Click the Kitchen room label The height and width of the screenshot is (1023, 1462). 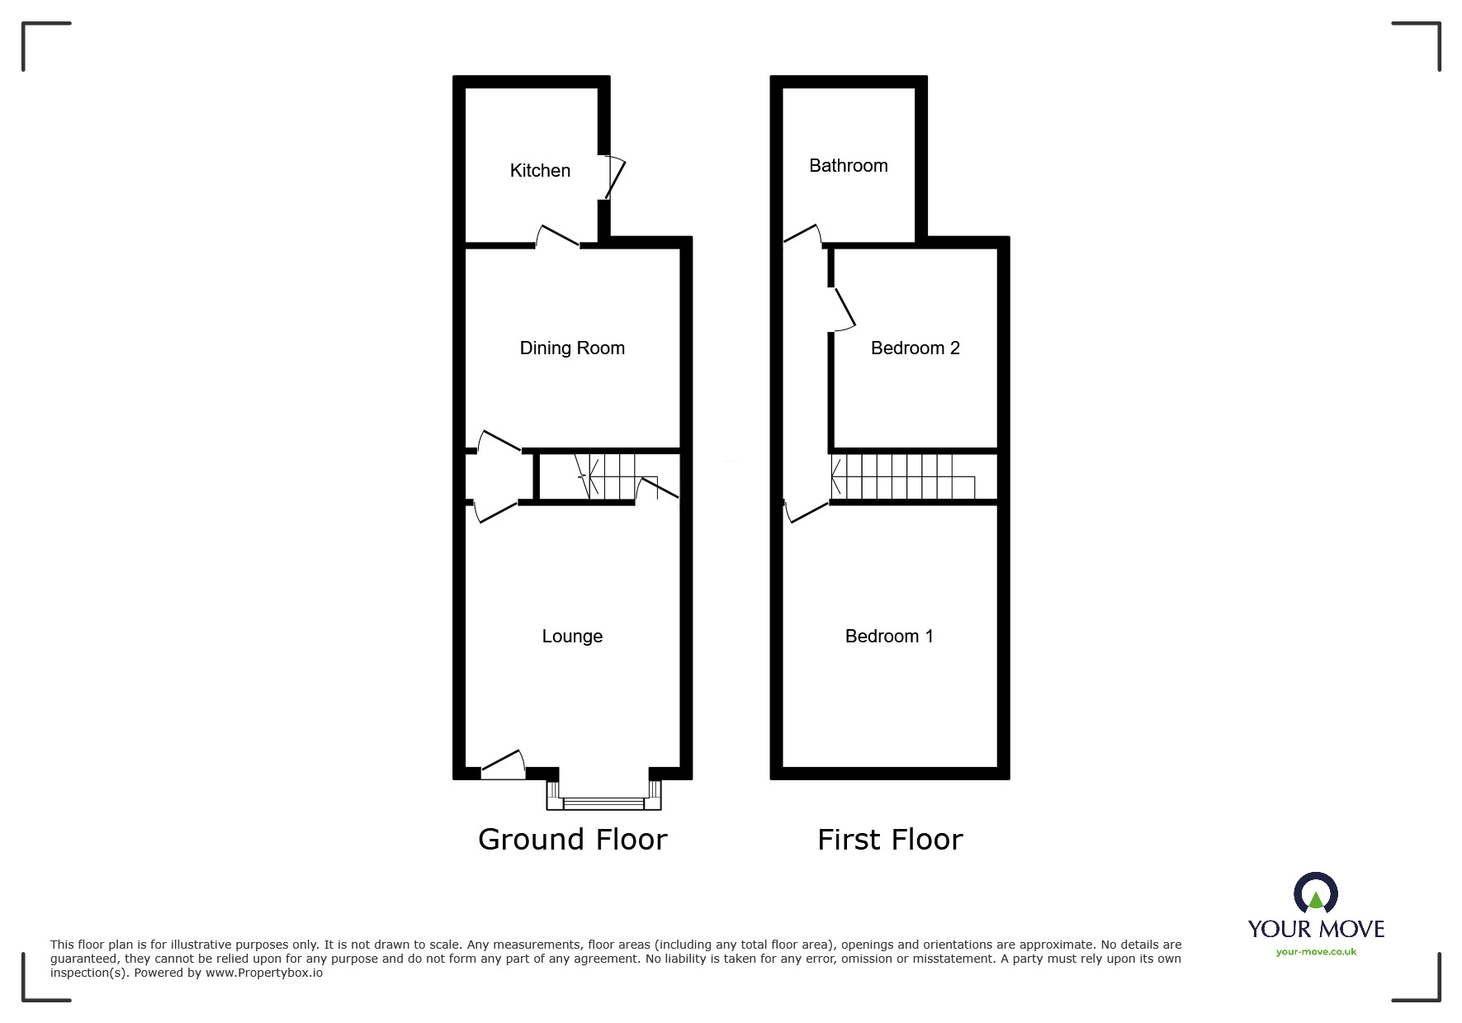point(540,170)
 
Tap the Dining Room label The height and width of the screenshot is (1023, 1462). point(572,348)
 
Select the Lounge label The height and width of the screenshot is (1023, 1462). point(572,636)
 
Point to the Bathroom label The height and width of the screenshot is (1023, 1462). point(849,165)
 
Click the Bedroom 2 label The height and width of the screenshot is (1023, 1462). point(915,348)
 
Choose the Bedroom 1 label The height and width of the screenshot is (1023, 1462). point(889,636)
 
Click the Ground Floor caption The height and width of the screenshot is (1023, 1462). point(572,840)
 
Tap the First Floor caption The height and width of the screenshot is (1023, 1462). point(890,840)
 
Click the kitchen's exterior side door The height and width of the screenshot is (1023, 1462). point(614,178)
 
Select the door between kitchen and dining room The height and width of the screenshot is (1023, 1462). point(557,237)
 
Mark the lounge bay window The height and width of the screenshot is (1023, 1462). point(604,801)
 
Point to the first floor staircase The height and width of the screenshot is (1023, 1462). point(903,477)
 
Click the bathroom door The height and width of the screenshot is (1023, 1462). point(802,234)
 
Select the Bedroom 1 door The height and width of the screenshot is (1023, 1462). point(806,511)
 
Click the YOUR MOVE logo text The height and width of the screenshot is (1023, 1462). point(1316,929)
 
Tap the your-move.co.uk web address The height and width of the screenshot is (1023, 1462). point(1316,952)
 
